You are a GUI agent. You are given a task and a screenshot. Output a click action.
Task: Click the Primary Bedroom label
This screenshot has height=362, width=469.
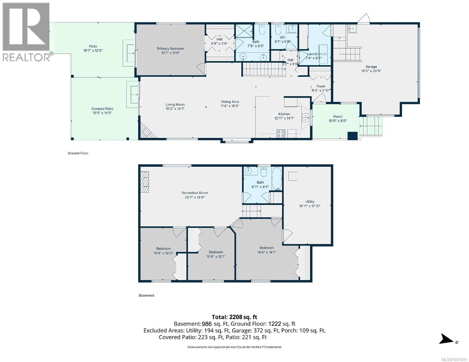(170, 49)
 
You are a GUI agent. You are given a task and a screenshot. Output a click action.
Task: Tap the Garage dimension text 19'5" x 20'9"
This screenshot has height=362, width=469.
(371, 71)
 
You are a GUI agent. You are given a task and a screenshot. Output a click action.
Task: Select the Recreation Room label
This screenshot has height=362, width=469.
(194, 193)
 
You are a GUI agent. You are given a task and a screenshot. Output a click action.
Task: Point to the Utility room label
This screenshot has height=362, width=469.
(310, 202)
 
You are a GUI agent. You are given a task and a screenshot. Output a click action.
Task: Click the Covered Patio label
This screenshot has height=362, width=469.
(102, 109)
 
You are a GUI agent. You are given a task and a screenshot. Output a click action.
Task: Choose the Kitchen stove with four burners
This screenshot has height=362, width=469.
(281, 133)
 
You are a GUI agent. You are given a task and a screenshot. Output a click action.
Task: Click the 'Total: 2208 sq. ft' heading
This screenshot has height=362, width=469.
(234, 317)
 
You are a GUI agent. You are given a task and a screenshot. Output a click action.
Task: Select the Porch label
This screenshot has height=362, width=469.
(338, 116)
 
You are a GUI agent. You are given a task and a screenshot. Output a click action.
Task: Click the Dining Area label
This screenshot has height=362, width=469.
(230, 102)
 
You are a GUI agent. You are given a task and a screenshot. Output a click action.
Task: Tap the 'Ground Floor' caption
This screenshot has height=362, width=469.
(78, 153)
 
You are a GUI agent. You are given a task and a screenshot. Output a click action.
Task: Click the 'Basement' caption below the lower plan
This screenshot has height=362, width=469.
(146, 295)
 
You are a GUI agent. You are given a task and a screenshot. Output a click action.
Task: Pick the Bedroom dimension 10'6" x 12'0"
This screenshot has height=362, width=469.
(163, 253)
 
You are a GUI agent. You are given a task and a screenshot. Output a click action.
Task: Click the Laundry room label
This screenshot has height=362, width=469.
(313, 54)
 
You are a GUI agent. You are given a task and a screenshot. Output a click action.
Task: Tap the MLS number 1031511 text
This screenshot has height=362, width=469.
(455, 359)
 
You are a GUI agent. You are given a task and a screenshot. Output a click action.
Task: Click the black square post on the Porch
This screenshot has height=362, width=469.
(352, 136)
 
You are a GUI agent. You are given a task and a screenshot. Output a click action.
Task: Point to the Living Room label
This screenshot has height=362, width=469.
(175, 105)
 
